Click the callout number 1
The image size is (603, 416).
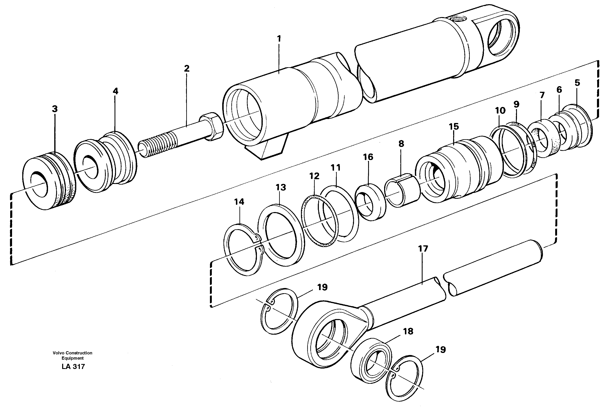pos(279,39)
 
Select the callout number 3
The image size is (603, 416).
pos(54,109)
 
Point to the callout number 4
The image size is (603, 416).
pos(115,91)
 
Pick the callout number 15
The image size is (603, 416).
pos(454,127)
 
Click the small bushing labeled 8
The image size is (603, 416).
pos(402,190)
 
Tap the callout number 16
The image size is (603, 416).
pos(368,157)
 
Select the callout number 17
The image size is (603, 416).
pos(423,249)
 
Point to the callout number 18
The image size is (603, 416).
pos(408,331)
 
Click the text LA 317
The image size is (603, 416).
pos(73,367)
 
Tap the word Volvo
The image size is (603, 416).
pos(58,353)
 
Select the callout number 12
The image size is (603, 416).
pos(314,176)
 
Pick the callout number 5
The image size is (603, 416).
pos(577,83)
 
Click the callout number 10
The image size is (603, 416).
pos(500,111)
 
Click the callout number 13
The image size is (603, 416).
pos(281,187)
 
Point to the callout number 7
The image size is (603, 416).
pos(542,95)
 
